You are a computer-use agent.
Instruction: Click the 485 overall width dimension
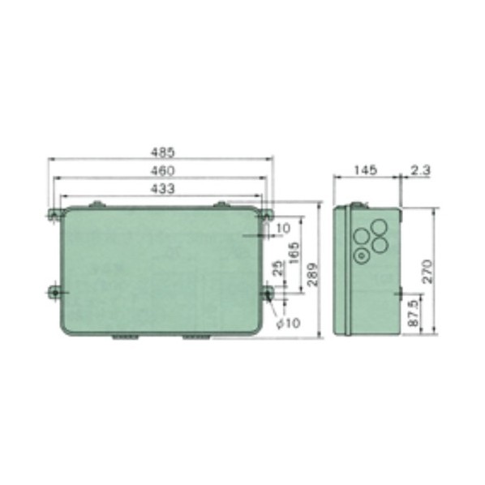pyautogui.click(x=163, y=152)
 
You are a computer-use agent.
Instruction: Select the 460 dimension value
pyautogui.click(x=163, y=171)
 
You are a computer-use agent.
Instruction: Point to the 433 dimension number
pyautogui.click(x=163, y=189)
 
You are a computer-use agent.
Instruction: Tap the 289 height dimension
pyautogui.click(x=313, y=275)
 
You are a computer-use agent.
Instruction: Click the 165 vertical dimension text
pyautogui.click(x=294, y=253)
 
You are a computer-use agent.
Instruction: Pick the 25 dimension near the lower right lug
pyautogui.click(x=279, y=268)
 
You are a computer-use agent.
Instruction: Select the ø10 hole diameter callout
pyautogui.click(x=288, y=324)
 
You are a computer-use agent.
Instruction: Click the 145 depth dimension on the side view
pyautogui.click(x=365, y=170)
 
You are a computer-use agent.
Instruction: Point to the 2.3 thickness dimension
pyautogui.click(x=420, y=170)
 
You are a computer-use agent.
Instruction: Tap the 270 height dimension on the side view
pyautogui.click(x=427, y=271)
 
